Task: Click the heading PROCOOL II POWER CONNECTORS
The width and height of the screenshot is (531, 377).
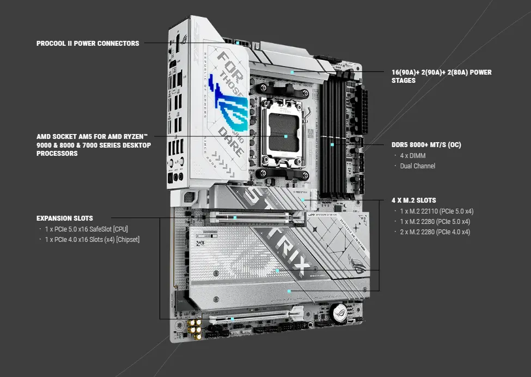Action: click(x=87, y=43)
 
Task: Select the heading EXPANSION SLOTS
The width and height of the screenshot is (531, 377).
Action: click(x=64, y=218)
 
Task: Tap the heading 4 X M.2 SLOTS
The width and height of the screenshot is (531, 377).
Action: click(x=413, y=200)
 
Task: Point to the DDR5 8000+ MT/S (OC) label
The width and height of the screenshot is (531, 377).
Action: click(x=426, y=145)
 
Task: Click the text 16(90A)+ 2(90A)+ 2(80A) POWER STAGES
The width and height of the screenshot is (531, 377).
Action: click(x=441, y=76)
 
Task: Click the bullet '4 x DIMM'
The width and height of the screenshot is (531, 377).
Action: click(x=413, y=156)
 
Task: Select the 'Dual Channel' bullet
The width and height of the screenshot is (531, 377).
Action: click(x=417, y=166)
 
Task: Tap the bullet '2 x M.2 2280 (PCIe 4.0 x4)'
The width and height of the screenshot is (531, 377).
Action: click(x=435, y=232)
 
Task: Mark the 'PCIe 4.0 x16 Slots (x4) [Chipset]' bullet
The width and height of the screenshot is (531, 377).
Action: click(x=92, y=239)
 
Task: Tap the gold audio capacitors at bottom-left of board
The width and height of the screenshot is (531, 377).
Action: click(x=194, y=326)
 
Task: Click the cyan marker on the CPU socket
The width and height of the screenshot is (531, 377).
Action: click(x=285, y=136)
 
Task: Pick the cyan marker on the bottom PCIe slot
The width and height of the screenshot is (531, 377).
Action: click(x=233, y=319)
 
